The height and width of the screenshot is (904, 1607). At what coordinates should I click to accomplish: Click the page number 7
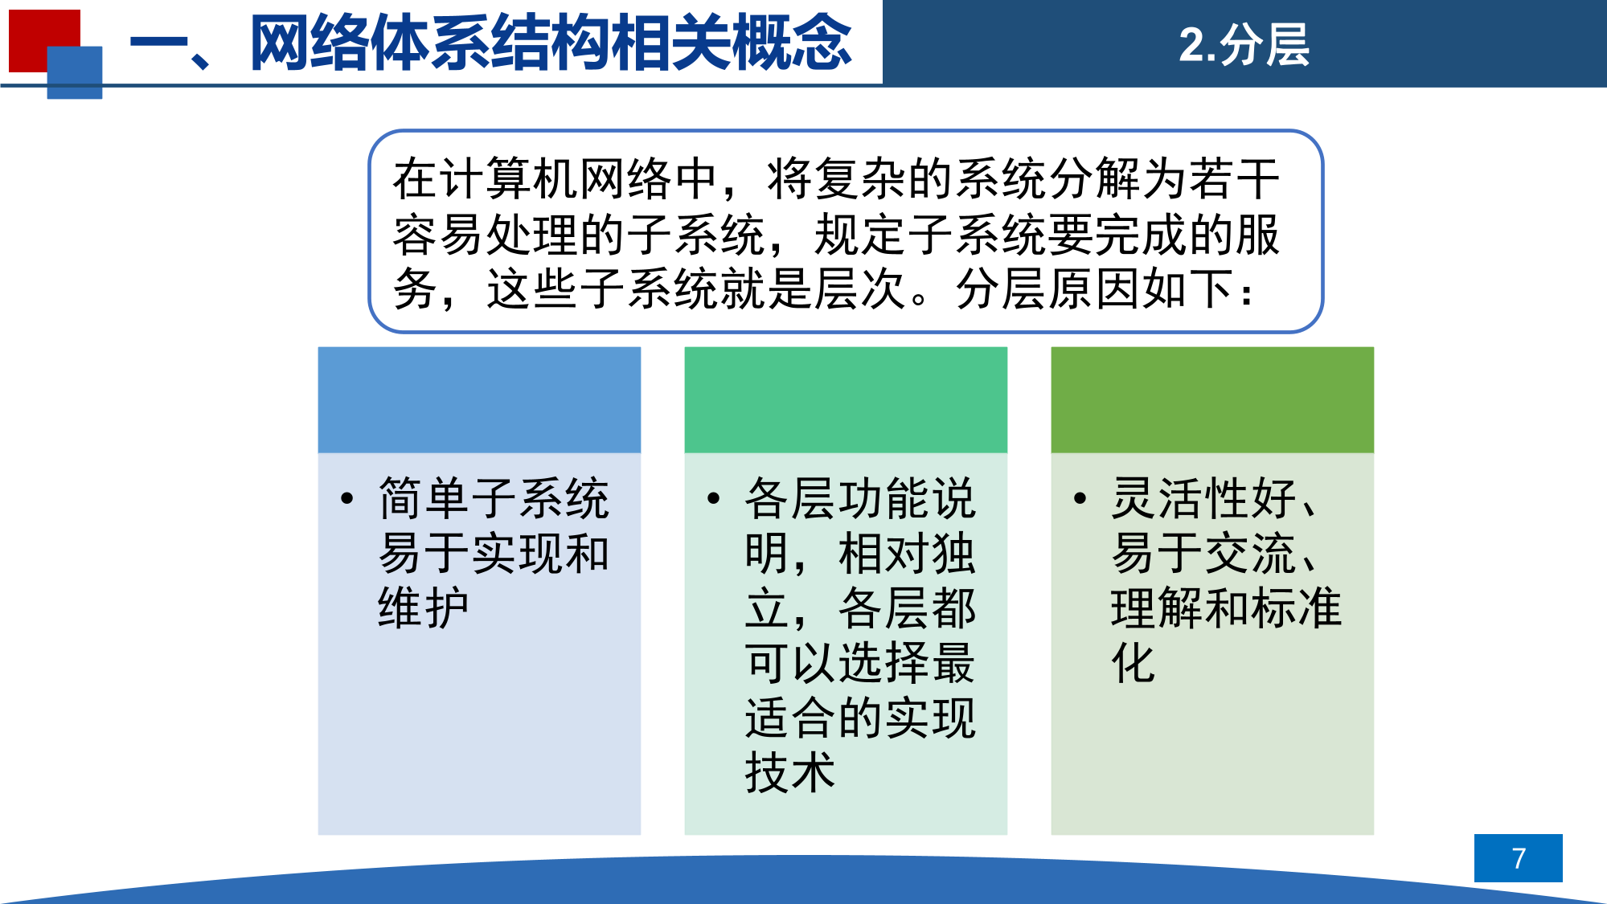(1518, 858)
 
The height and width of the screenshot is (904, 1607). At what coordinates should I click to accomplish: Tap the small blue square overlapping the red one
(75, 72)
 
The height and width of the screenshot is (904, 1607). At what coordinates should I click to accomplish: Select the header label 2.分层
(1244, 45)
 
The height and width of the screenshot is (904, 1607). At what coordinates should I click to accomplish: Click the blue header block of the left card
(479, 400)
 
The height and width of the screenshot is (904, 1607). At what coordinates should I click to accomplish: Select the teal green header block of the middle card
(846, 400)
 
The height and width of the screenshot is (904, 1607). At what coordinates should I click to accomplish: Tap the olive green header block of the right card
(1212, 400)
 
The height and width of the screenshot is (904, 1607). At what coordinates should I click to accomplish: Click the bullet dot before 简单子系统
(347, 499)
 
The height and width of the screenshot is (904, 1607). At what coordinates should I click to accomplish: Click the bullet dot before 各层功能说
(714, 499)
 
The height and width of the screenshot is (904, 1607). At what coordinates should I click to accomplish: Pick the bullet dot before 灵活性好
(1080, 499)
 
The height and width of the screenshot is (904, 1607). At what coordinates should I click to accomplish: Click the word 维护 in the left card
(424, 607)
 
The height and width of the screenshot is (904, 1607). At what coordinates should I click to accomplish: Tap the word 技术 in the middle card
(790, 772)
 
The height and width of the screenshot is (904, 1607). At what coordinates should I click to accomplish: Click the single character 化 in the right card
(1134, 663)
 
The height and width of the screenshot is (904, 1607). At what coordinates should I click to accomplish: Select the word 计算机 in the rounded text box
(509, 178)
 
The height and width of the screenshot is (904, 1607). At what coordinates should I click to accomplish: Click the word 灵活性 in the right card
(1181, 498)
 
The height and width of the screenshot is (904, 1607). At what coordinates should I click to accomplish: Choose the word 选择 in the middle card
(883, 663)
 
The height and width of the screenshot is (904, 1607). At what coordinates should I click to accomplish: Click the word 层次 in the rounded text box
(860, 288)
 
